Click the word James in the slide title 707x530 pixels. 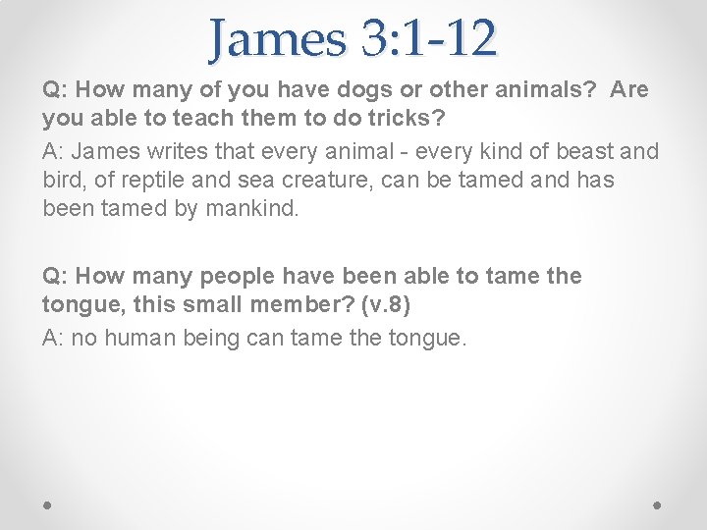click(277, 39)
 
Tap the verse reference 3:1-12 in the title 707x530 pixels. click(429, 39)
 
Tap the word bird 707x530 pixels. click(63, 182)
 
